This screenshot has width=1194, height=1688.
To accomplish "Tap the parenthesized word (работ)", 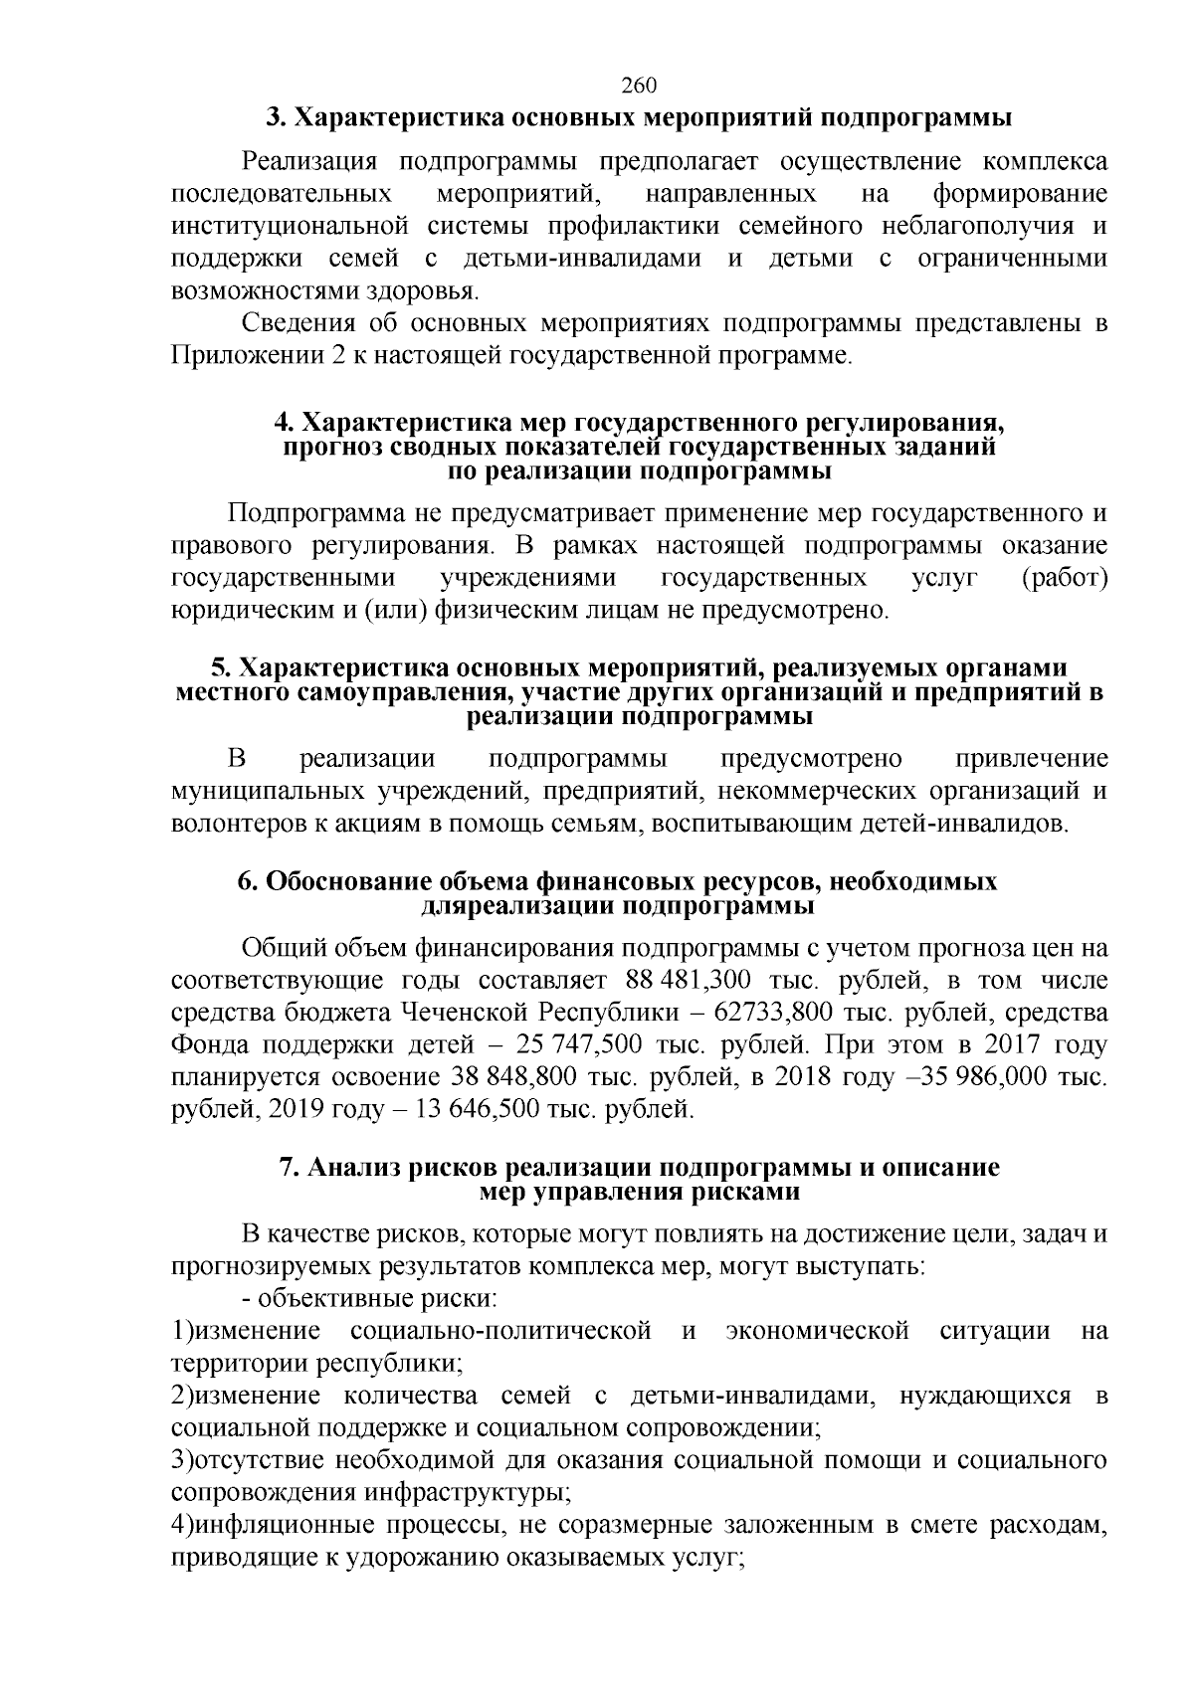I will [x=1065, y=578].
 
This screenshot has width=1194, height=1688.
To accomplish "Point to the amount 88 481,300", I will [x=689, y=980].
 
